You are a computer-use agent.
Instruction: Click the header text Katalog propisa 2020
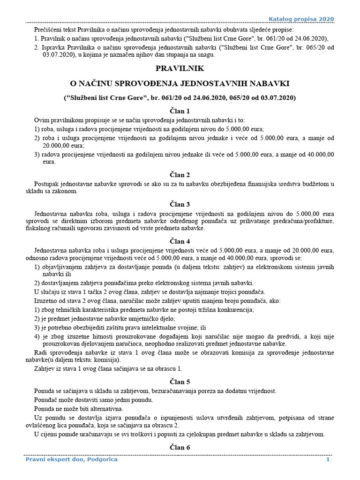tap(301, 18)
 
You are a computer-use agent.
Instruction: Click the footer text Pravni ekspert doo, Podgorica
tap(71, 459)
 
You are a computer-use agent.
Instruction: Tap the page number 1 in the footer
tap(328, 459)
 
